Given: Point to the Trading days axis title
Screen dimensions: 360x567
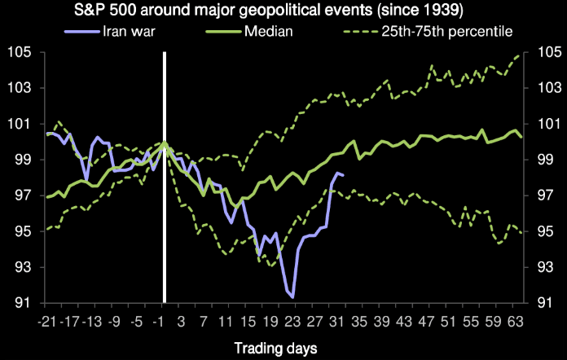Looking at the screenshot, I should point(276,348).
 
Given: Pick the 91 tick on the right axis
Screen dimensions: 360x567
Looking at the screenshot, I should point(548,303).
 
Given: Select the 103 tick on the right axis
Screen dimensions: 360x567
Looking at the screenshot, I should point(548,89).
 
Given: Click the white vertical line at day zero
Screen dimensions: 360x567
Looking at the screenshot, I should point(165,179).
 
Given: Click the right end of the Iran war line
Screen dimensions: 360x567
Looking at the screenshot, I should point(343,175).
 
